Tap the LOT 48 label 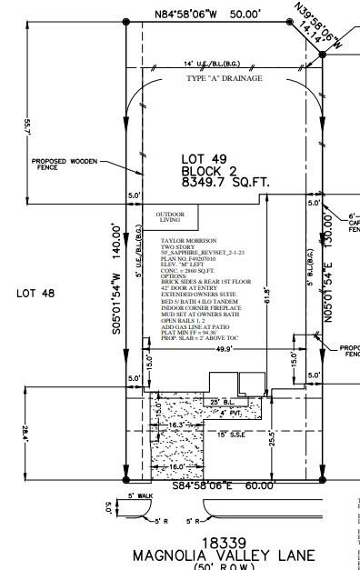point(33,293)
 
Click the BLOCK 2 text point(207,170)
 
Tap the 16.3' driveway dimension point(176,398)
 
